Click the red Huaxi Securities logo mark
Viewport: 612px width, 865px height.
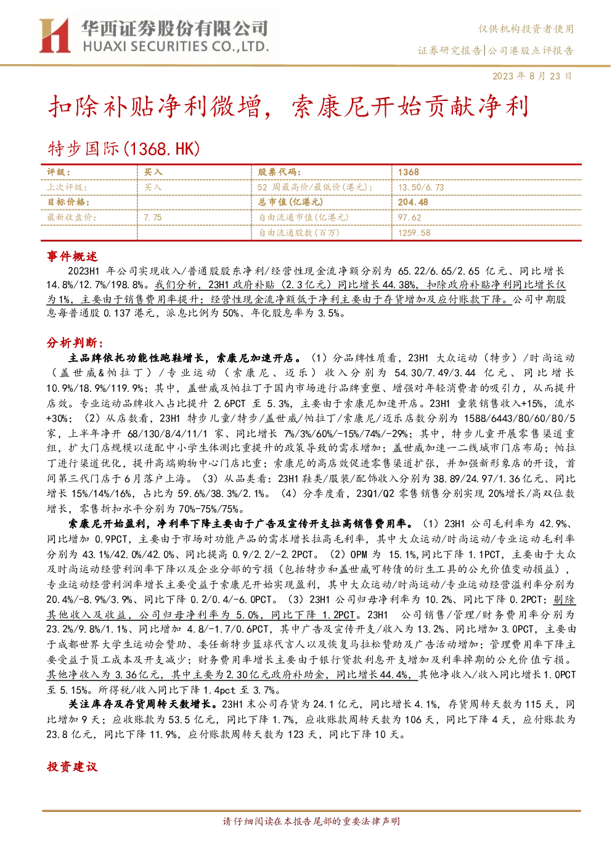click(54, 36)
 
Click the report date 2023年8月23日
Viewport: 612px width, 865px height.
click(532, 76)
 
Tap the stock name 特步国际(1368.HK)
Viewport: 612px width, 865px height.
click(124, 148)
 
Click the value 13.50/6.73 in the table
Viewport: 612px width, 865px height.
click(421, 187)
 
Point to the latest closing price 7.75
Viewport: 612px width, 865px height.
click(153, 217)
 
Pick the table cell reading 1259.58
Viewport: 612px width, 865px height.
click(414, 233)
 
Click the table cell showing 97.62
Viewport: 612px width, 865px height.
click(409, 217)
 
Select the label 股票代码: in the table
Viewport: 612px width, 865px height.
click(279, 173)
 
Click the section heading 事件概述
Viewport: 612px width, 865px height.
click(72, 256)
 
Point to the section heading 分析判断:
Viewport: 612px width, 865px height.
click(75, 343)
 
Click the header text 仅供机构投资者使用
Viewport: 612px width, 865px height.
click(526, 28)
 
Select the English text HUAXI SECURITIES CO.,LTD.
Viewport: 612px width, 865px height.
click(176, 47)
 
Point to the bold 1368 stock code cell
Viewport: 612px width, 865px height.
click(409, 173)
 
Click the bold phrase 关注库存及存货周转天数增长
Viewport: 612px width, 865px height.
click(139, 704)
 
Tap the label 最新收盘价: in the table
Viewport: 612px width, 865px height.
click(71, 217)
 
